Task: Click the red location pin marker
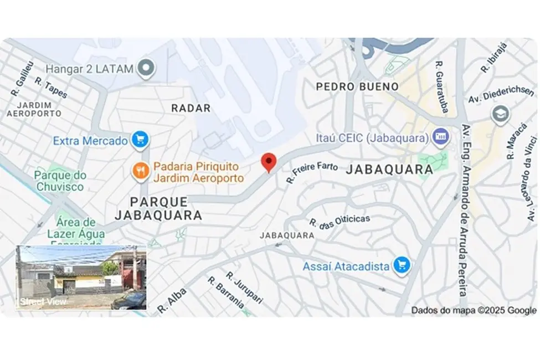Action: click(x=269, y=162)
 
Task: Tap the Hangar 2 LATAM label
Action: click(x=90, y=69)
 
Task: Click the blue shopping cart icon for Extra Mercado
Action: click(x=138, y=141)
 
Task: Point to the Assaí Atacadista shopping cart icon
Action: click(x=401, y=266)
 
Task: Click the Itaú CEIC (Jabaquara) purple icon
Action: click(x=441, y=136)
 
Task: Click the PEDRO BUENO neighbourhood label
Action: click(x=357, y=86)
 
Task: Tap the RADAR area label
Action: click(x=191, y=108)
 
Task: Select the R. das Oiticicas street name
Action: click(x=340, y=223)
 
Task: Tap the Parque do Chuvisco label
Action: click(x=60, y=181)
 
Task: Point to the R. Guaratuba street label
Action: click(x=442, y=87)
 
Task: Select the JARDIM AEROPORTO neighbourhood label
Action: click(x=34, y=109)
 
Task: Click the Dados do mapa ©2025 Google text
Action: click(x=474, y=310)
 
